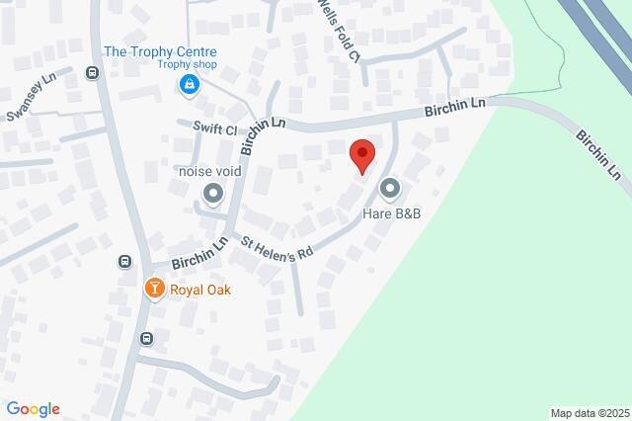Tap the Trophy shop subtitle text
coord(187,66)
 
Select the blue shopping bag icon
coord(188,87)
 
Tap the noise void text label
coord(209,171)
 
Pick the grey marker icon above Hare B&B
coord(390,188)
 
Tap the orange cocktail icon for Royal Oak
coord(153,289)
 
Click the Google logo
coord(33,409)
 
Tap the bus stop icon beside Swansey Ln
coord(92,72)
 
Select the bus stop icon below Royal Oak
coord(146,338)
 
